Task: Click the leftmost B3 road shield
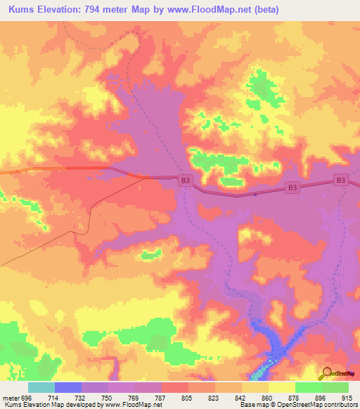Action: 185,181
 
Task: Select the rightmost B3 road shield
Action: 340,181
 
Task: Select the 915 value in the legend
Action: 347,397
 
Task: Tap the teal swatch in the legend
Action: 41,387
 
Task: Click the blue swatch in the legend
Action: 68,387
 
